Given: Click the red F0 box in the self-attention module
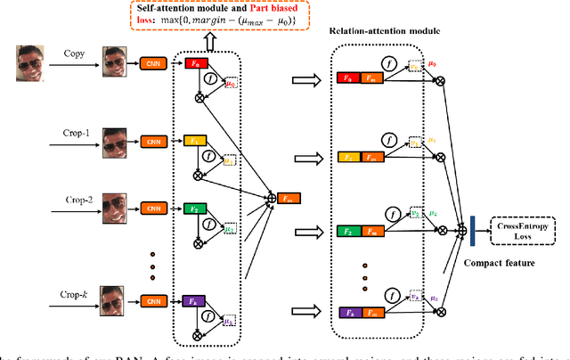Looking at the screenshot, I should pos(194,63).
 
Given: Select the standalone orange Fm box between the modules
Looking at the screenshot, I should pos(289,197).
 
